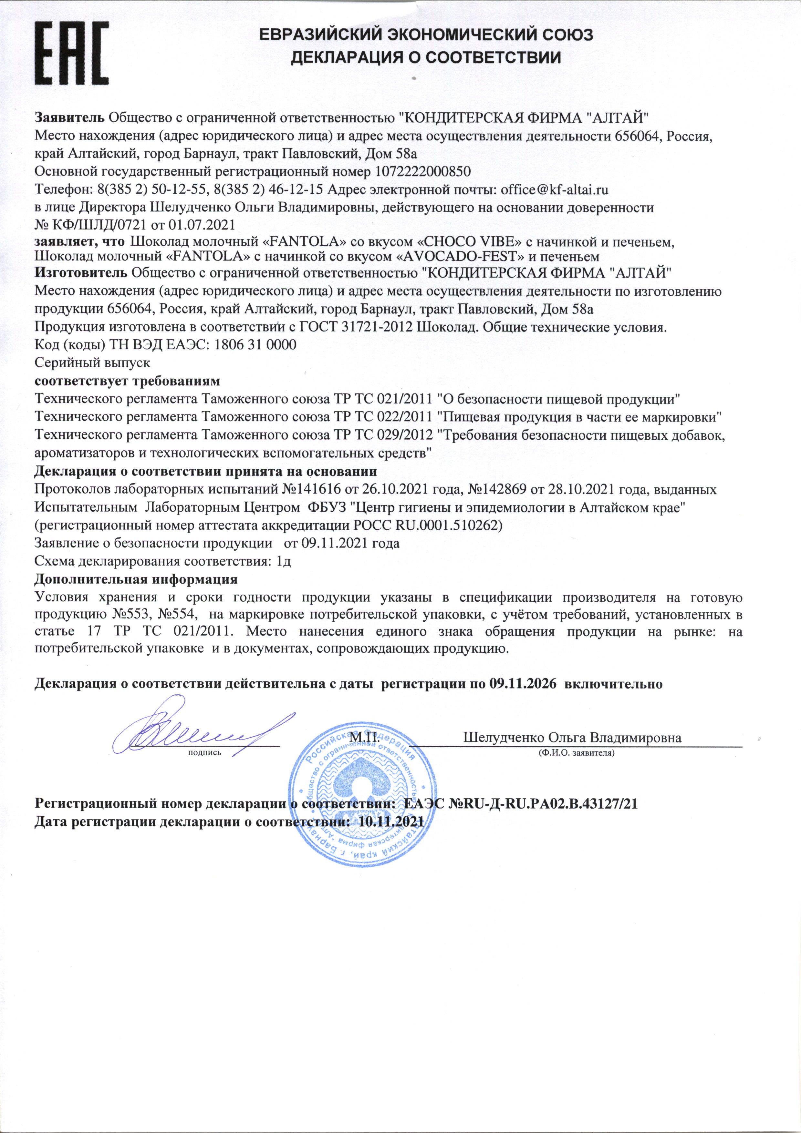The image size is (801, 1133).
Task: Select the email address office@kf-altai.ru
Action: pos(554,189)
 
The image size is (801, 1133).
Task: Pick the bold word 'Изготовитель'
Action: pos(81,272)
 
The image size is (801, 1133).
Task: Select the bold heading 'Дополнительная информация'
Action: pos(136,578)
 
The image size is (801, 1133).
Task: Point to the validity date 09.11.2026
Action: pos(524,684)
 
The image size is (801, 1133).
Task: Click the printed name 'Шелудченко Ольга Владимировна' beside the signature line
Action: pos(572,738)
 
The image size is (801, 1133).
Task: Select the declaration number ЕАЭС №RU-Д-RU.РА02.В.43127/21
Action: pos(521,804)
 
